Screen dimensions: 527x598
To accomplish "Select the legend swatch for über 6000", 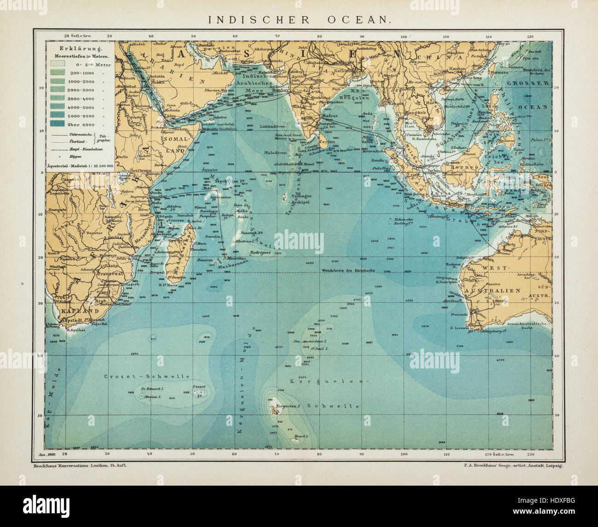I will tap(58, 124).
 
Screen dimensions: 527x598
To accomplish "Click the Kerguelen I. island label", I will tap(288, 407).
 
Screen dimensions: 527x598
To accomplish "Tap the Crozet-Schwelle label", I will tap(146, 376).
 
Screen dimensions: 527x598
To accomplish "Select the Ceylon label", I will tap(327, 142).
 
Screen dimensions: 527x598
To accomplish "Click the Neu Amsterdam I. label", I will tap(320, 341).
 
